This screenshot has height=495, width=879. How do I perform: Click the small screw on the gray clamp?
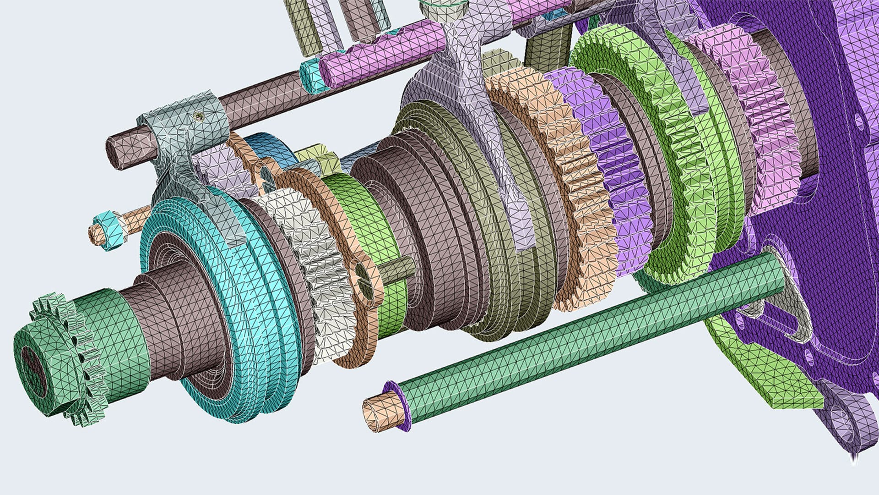click(198, 117)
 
